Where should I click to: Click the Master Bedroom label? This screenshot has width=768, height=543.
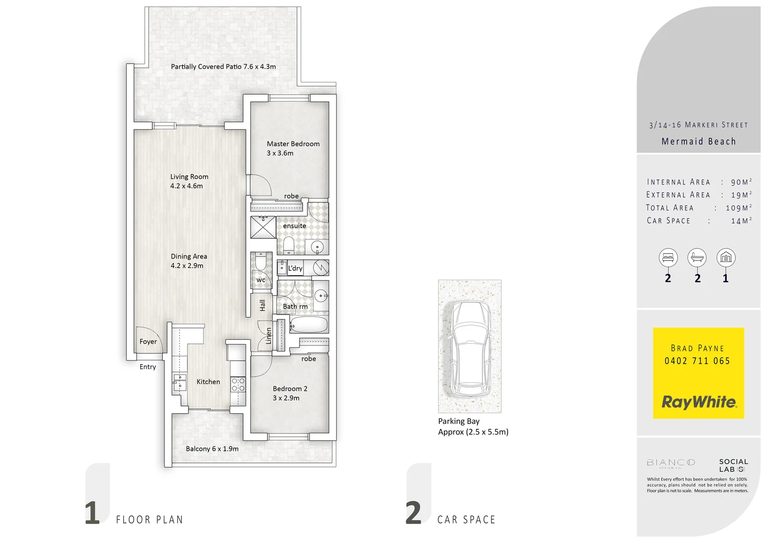click(293, 144)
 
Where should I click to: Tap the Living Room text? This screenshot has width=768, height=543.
click(189, 176)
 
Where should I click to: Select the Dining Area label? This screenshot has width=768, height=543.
click(188, 256)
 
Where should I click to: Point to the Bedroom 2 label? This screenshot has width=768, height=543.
click(290, 389)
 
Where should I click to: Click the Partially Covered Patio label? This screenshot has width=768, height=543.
click(223, 66)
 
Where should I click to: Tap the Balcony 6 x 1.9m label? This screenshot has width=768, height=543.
click(212, 448)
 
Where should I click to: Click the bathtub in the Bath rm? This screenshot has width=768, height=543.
click(309, 325)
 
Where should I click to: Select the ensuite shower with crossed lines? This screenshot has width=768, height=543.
click(263, 227)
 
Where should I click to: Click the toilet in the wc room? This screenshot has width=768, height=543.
click(261, 262)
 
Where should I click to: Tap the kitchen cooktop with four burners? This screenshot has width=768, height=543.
click(238, 385)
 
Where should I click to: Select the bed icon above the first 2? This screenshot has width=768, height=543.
click(668, 258)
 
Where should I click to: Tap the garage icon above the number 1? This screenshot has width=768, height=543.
click(725, 258)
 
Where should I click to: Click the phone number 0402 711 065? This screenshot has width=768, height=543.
click(697, 361)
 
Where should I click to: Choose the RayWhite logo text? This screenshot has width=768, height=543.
click(699, 402)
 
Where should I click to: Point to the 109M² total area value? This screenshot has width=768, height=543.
click(738, 208)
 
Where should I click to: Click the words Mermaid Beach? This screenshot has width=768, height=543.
click(698, 141)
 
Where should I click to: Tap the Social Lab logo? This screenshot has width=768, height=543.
click(733, 465)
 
